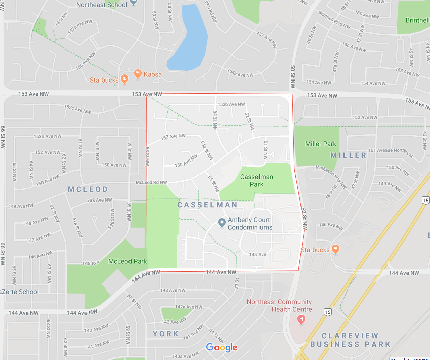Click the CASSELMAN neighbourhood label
pos(207,205)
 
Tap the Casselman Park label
pos(256,180)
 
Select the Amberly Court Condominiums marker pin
pos(221,223)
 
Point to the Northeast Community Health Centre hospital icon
pos(302,319)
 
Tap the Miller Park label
pos(321,144)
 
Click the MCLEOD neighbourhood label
pos(88,189)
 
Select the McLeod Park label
pos(127,262)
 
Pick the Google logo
pos(222,347)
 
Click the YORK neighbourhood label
pos(166,334)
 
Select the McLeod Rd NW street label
pos(151,182)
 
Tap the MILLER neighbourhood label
pos(348,155)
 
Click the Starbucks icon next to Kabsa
pos(124,79)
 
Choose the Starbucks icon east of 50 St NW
pos(335,249)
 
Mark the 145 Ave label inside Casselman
pos(257,254)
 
